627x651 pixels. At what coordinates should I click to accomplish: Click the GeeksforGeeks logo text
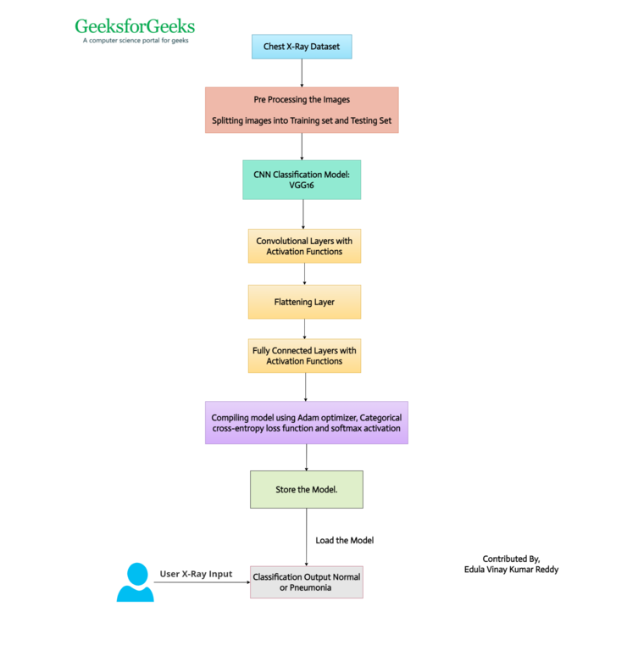[135, 26]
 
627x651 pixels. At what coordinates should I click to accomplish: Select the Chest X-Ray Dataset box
[302, 47]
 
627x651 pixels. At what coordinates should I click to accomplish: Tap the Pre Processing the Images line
[302, 100]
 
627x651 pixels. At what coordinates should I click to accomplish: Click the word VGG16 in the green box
[302, 185]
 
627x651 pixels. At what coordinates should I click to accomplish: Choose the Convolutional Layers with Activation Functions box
[304, 246]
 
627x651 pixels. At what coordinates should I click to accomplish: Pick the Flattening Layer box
[304, 302]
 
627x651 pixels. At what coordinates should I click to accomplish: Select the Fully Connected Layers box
[304, 356]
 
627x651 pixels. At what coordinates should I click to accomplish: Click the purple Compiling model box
[307, 423]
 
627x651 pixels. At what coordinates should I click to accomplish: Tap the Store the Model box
[307, 489]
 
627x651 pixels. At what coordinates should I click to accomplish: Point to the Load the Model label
[344, 540]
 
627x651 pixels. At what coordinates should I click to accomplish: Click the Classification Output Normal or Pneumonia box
[307, 582]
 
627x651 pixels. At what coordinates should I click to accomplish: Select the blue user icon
[136, 582]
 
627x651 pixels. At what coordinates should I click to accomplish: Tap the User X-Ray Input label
[196, 574]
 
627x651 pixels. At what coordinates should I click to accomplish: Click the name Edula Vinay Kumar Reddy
[511, 570]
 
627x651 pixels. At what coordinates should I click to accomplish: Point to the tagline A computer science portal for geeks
[136, 41]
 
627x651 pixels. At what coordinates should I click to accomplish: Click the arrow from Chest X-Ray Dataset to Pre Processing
[302, 73]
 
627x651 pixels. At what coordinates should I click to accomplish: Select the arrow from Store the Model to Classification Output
[307, 537]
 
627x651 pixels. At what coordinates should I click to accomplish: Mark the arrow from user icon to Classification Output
[203, 582]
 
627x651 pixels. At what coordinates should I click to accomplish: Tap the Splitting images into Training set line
[302, 120]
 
